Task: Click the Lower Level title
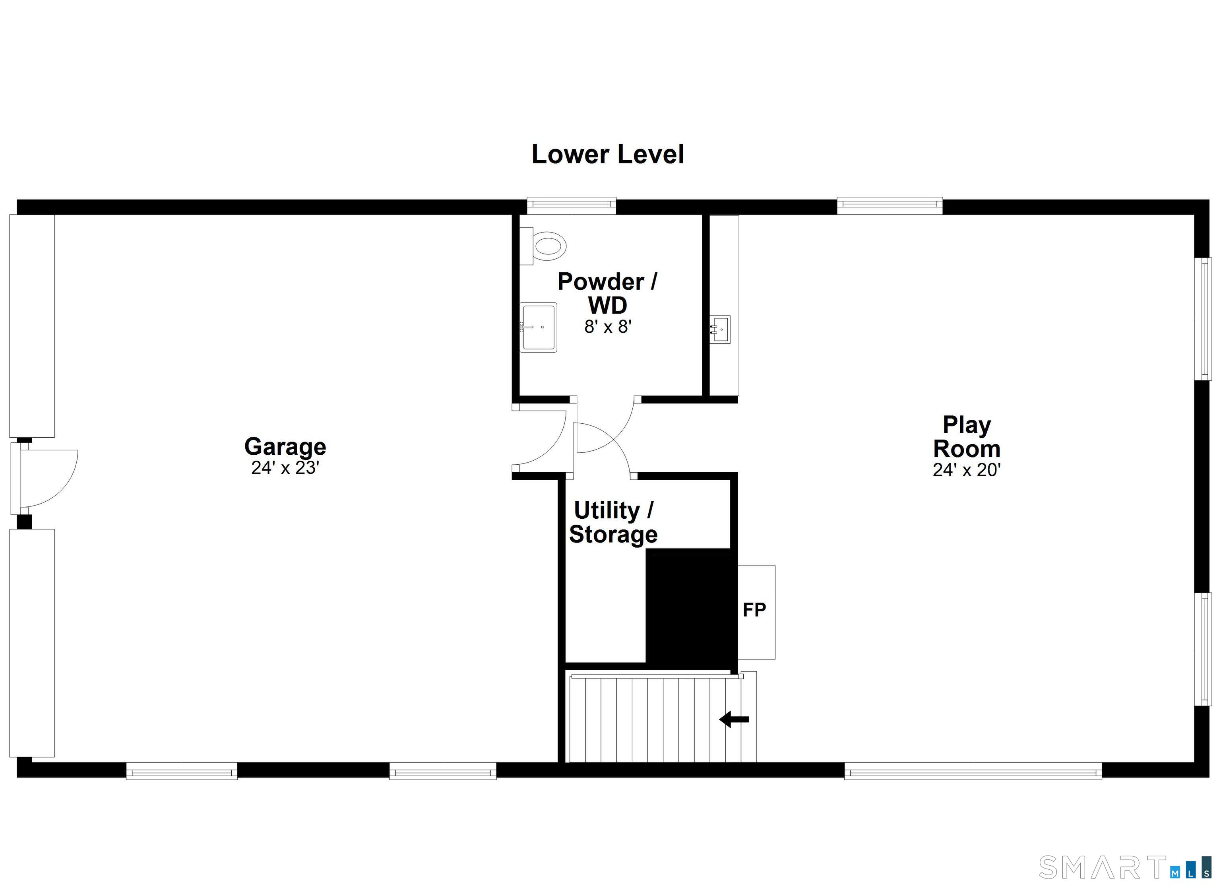[x=607, y=155]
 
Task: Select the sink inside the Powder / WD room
[x=538, y=327]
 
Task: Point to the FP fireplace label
[x=754, y=610]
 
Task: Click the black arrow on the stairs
[x=734, y=719]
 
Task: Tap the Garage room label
[x=285, y=446]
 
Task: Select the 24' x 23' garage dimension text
[x=285, y=468]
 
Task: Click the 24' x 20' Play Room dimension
[x=966, y=470]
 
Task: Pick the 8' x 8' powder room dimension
[x=608, y=327]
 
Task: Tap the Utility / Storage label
[x=613, y=522]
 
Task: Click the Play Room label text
[x=966, y=437]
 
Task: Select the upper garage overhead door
[x=32, y=326]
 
